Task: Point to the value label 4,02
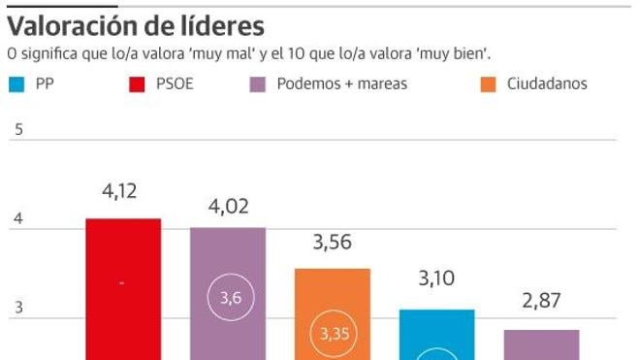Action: pos(228,205)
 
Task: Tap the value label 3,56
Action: pos(333,244)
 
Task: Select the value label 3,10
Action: pos(437,280)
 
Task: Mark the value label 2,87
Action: pos(541,301)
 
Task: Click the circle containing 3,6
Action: pos(231,298)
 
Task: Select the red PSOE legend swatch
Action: pos(137,84)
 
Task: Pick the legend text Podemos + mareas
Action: pos(341,83)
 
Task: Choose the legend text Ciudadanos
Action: pos(547,83)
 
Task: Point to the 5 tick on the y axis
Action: pos(17,130)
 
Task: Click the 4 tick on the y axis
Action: pos(17,220)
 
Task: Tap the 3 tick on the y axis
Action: pos(17,309)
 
